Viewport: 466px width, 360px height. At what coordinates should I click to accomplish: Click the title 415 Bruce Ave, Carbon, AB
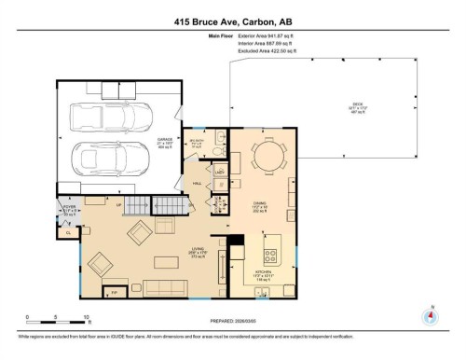[x=233, y=20]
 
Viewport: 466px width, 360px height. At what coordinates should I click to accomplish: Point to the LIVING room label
[x=171, y=250]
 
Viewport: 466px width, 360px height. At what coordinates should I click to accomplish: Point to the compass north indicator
[x=429, y=315]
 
